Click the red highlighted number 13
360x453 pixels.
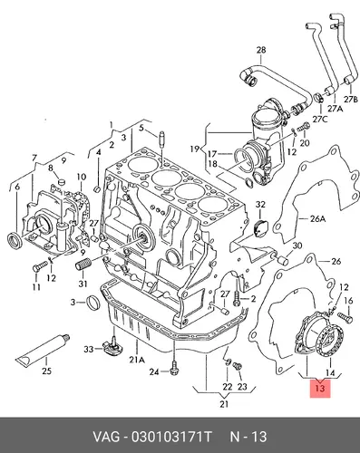(320, 388)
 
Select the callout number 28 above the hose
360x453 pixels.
(261, 50)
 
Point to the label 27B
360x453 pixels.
(351, 99)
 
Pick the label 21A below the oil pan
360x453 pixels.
(137, 360)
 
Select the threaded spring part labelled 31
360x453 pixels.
(83, 265)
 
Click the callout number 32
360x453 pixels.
(260, 205)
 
